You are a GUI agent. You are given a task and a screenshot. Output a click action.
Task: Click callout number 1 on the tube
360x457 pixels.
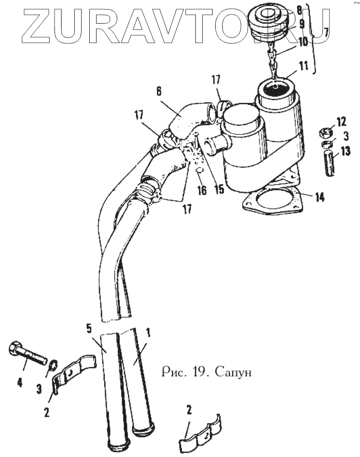[148, 332]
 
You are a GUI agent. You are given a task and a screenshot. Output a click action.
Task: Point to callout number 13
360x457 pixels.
[346, 152]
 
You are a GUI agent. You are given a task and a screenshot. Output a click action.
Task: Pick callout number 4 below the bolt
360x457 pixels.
[20, 383]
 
